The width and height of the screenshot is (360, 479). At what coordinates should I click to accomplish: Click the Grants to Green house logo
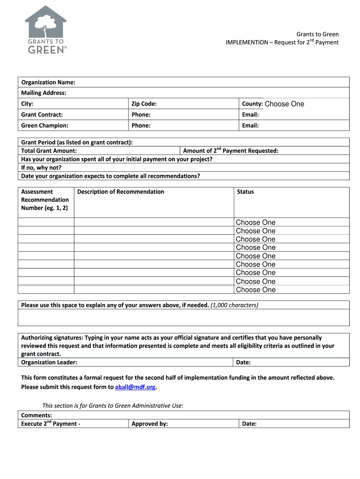pyautogui.click(x=45, y=29)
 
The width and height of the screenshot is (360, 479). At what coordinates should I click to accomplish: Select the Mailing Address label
pyautogui.click(x=43, y=93)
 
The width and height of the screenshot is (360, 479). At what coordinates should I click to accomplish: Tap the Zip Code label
pyautogui.click(x=144, y=104)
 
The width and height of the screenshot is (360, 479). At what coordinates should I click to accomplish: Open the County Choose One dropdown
pyautogui.click(x=284, y=104)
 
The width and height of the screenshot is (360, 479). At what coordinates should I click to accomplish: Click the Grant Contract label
pyautogui.click(x=42, y=115)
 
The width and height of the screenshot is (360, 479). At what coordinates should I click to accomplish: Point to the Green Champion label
pyautogui.click(x=44, y=125)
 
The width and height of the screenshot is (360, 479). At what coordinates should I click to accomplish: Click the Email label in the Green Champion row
pyautogui.click(x=250, y=125)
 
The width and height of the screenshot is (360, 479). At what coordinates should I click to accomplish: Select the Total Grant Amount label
pyautogui.click(x=49, y=151)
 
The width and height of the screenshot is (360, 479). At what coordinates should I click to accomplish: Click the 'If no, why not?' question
pyautogui.click(x=41, y=167)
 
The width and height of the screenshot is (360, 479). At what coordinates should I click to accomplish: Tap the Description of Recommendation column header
pyautogui.click(x=121, y=192)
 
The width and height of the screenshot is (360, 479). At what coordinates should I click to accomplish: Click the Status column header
pyautogui.click(x=245, y=192)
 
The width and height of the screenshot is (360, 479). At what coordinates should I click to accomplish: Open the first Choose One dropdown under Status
pyautogui.click(x=256, y=223)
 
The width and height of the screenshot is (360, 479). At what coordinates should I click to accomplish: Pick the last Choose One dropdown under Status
pyautogui.click(x=256, y=290)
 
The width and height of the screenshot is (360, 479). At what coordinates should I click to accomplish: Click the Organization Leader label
pyautogui.click(x=49, y=363)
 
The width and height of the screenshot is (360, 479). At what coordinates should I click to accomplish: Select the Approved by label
pyautogui.click(x=150, y=424)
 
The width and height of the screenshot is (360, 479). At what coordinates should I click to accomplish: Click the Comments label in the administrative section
pyautogui.click(x=36, y=415)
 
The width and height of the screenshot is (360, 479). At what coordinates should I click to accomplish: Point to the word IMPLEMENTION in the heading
pyautogui.click(x=246, y=43)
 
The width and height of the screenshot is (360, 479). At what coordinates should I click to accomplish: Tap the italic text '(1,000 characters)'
pyautogui.click(x=234, y=305)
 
